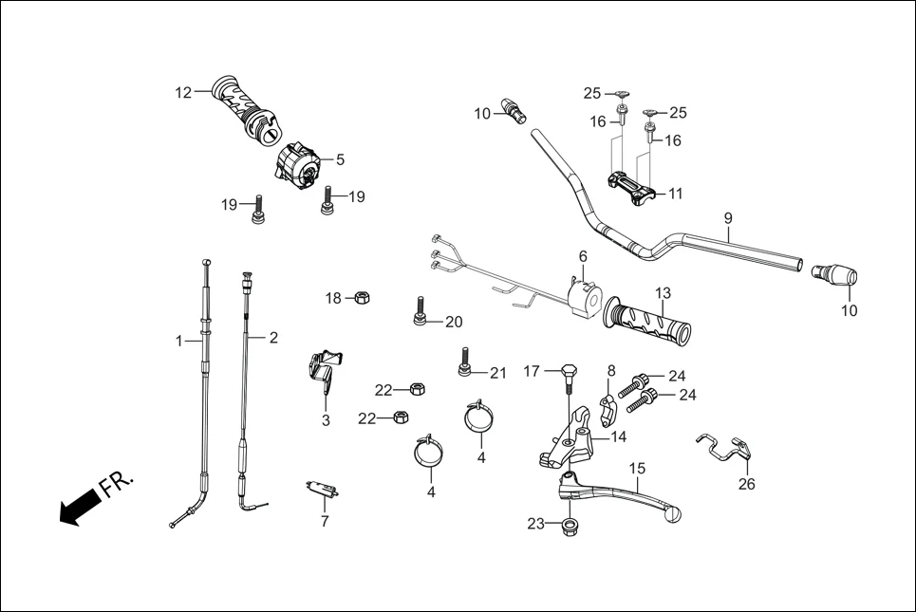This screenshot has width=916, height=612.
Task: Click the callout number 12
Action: coord(183,92)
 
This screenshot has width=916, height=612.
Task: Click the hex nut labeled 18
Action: coord(362,299)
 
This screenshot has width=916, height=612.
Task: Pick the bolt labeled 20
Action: coord(419,310)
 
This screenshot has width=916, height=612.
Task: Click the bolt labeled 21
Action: coord(465,362)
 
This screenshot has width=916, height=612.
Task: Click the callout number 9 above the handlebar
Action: coord(728,217)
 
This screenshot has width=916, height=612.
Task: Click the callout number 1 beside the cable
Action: coord(178,341)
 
